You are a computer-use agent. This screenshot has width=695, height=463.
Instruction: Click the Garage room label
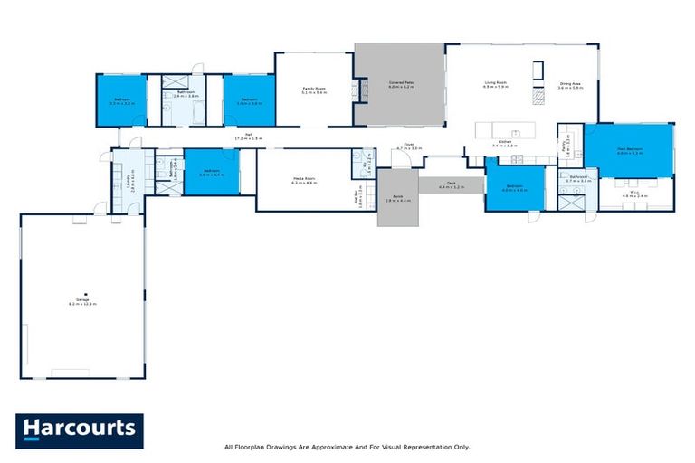tap(81, 302)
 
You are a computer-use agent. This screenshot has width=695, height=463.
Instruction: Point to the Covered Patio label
tap(401, 85)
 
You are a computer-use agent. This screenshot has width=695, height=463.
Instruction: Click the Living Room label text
tap(495, 85)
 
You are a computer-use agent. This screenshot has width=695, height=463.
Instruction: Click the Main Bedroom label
tap(629, 151)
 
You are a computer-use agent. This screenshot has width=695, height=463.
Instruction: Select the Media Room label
tap(303, 180)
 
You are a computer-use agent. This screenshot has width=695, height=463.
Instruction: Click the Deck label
tap(450, 186)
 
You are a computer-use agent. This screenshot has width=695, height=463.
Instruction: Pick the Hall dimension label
tap(248, 138)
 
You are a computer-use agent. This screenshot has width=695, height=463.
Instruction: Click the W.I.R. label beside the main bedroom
tap(632, 194)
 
